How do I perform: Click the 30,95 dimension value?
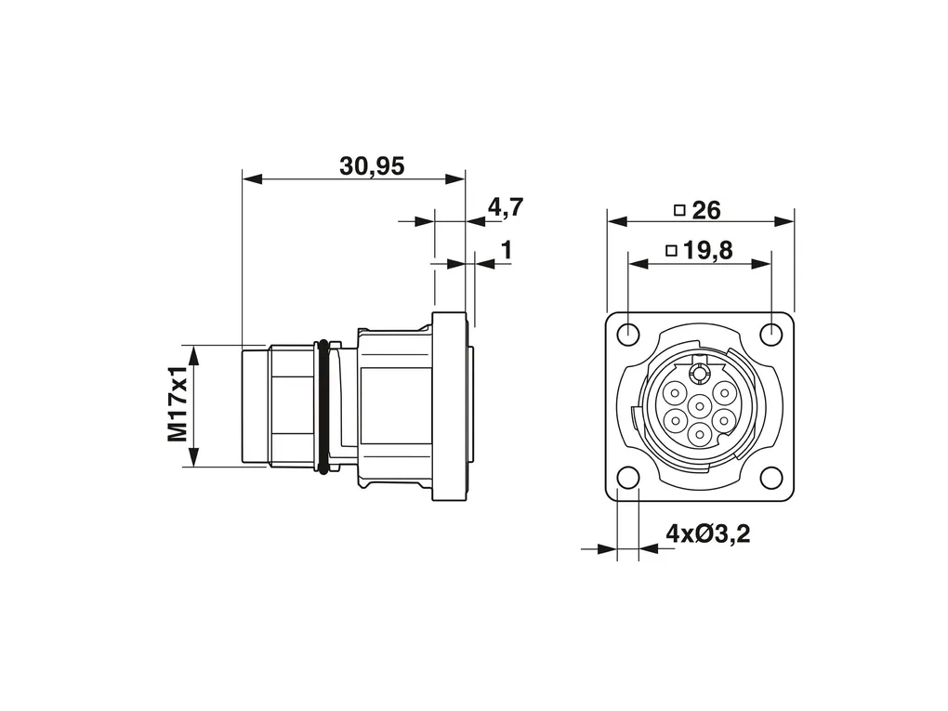pyautogui.click(x=372, y=165)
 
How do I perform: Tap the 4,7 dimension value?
pyautogui.click(x=506, y=207)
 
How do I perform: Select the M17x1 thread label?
pyautogui.click(x=178, y=404)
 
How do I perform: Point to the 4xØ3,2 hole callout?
pyautogui.click(x=707, y=533)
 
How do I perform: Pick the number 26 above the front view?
pyautogui.click(x=706, y=210)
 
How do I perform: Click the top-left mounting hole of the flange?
pyautogui.click(x=629, y=333)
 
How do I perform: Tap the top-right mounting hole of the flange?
pyautogui.click(x=770, y=333)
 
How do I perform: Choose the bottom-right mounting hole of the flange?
pyautogui.click(x=770, y=477)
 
